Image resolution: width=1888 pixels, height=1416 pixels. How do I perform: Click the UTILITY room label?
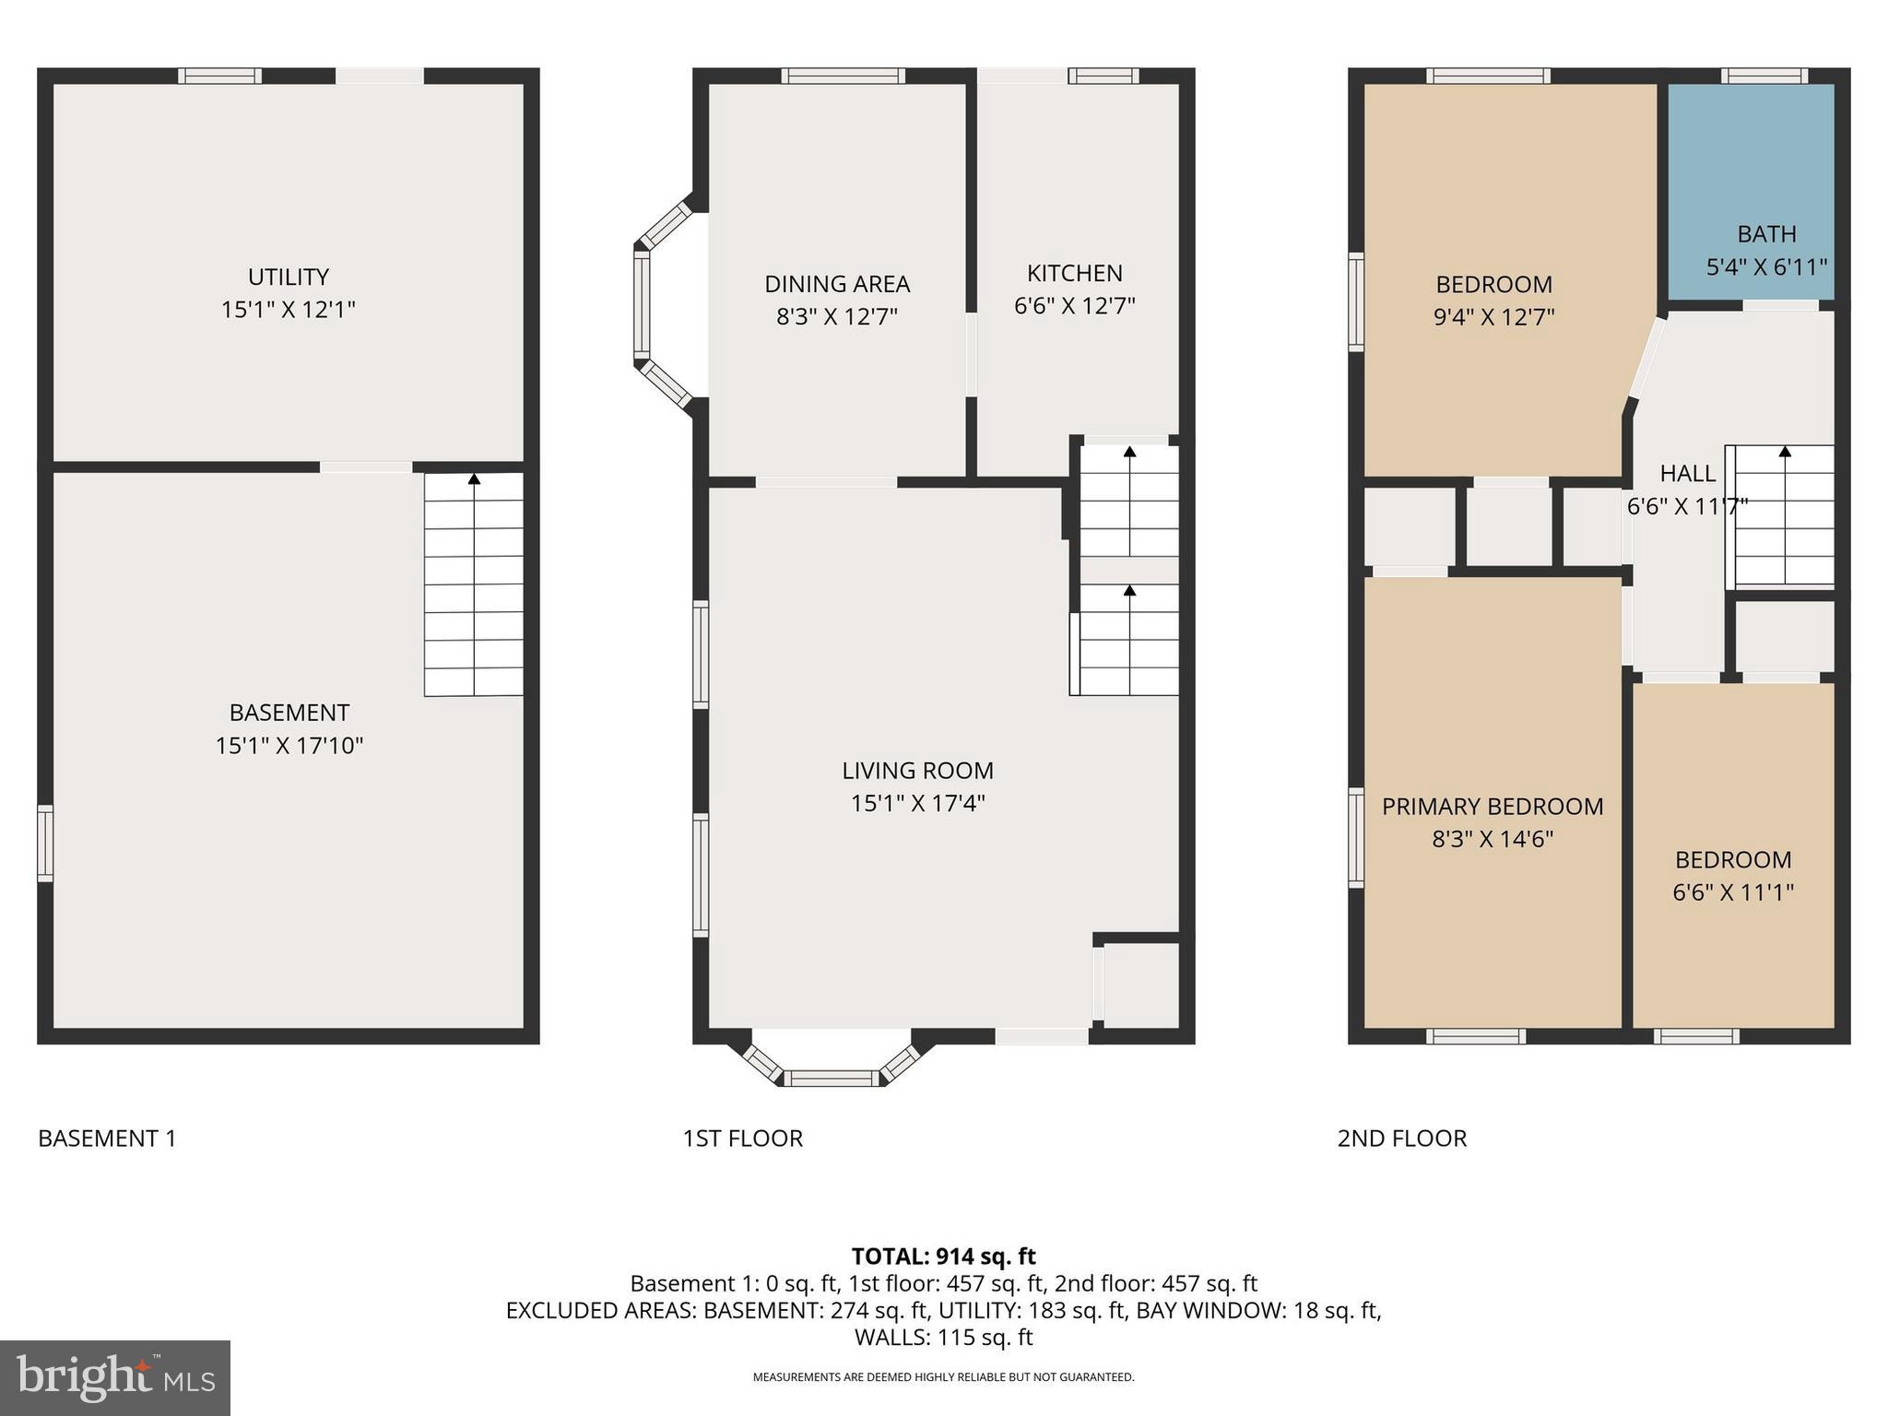(x=288, y=277)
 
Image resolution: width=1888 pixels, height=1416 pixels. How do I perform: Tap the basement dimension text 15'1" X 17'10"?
(x=289, y=745)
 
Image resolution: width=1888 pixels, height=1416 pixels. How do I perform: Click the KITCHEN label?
(x=1074, y=273)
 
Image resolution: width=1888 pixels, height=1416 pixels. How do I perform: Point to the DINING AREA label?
(x=836, y=284)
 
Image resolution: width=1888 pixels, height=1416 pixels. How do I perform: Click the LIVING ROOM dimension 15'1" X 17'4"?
(x=917, y=803)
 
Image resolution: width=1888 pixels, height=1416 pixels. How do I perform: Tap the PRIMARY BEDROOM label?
(x=1492, y=807)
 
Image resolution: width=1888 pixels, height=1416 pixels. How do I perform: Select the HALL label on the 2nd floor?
(x=1687, y=474)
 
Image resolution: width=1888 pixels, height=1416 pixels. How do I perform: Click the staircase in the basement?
(x=474, y=585)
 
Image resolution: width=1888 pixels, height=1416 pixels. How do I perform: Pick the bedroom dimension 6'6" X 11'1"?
(x=1732, y=892)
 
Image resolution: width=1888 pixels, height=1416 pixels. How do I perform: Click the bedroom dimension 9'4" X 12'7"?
(x=1493, y=317)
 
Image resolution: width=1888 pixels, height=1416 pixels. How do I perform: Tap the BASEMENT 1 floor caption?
(x=107, y=1139)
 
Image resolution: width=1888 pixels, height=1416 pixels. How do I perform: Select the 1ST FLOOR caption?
(x=742, y=1139)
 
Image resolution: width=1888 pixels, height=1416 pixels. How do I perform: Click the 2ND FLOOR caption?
(x=1401, y=1139)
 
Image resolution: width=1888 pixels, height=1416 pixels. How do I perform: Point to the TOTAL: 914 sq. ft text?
(x=943, y=1257)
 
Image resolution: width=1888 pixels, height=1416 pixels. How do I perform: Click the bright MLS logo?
(x=115, y=1377)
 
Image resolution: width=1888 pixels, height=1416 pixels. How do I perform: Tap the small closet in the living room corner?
(x=1141, y=985)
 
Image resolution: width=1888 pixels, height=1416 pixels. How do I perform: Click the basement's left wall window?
(x=44, y=843)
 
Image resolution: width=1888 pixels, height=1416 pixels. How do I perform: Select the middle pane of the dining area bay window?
(x=642, y=305)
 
